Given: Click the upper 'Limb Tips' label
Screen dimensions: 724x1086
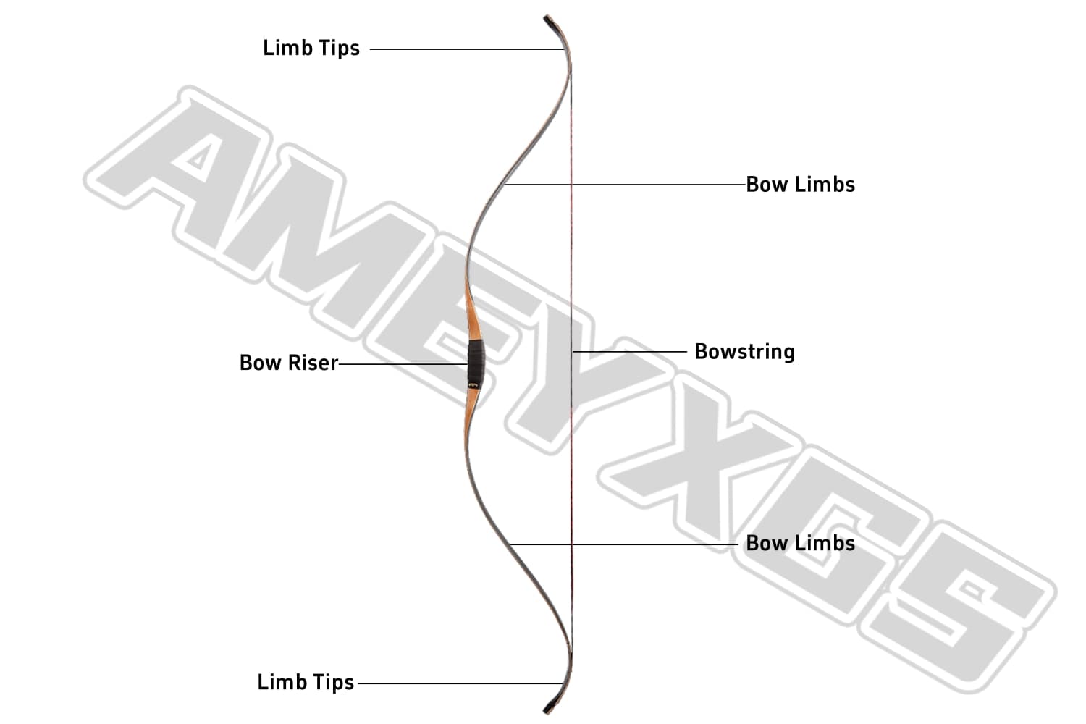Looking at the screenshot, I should tap(311, 49).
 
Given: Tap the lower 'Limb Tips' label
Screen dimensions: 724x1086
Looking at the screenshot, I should tap(306, 682).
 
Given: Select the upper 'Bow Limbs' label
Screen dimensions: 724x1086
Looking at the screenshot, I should tap(800, 185).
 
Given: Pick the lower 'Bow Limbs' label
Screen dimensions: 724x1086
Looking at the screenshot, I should tap(800, 543).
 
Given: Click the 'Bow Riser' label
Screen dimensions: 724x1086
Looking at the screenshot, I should tap(289, 363).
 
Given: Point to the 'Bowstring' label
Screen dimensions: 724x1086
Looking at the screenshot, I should tap(744, 352).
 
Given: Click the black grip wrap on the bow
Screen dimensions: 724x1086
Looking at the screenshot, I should tap(475, 362).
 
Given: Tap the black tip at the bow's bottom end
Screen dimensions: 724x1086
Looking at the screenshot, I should tap(548, 706).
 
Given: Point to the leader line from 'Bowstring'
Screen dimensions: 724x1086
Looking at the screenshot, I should tap(630, 352).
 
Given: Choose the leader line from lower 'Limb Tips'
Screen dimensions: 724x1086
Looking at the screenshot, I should tap(460, 683).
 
